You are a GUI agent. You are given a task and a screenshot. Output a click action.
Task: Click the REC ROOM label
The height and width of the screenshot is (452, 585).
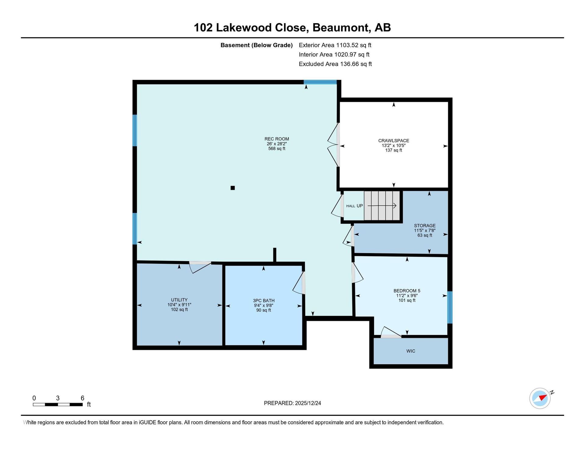pyautogui.click(x=277, y=139)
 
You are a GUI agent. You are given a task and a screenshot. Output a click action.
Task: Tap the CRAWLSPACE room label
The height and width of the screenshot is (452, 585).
pyautogui.click(x=394, y=141)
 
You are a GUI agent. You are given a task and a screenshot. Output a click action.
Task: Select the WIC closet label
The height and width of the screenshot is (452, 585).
pyautogui.click(x=411, y=351)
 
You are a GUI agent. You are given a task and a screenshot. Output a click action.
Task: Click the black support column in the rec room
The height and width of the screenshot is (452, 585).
pyautogui.click(x=233, y=188)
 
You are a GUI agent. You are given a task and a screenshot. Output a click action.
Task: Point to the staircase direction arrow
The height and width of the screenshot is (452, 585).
pyautogui.click(x=382, y=206)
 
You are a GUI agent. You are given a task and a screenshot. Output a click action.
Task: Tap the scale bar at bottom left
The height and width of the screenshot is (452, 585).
pyautogui.click(x=58, y=404)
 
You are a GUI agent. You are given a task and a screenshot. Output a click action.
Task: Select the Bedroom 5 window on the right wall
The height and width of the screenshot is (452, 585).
pyautogui.click(x=450, y=307)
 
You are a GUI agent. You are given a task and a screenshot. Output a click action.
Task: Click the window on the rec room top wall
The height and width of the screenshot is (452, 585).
pyautogui.click(x=320, y=82)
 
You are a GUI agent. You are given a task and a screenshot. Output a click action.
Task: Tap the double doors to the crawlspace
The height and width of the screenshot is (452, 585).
pyautogui.click(x=334, y=145)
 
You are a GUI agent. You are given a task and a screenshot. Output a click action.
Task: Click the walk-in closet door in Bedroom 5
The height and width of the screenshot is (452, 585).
pyautogui.click(x=391, y=332)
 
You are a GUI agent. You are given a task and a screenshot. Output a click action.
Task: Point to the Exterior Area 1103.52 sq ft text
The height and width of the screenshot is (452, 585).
pyautogui.click(x=335, y=45)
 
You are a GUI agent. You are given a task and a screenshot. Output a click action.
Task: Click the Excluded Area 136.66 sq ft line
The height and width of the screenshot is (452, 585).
pyautogui.click(x=335, y=64)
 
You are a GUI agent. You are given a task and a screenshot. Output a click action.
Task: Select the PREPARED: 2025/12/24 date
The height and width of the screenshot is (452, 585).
pyautogui.click(x=292, y=403)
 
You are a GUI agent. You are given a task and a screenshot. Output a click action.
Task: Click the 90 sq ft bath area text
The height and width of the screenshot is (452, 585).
pyautogui.click(x=264, y=310)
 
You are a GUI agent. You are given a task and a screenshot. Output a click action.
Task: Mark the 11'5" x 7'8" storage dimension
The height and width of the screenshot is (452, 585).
pyautogui.click(x=425, y=231)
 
